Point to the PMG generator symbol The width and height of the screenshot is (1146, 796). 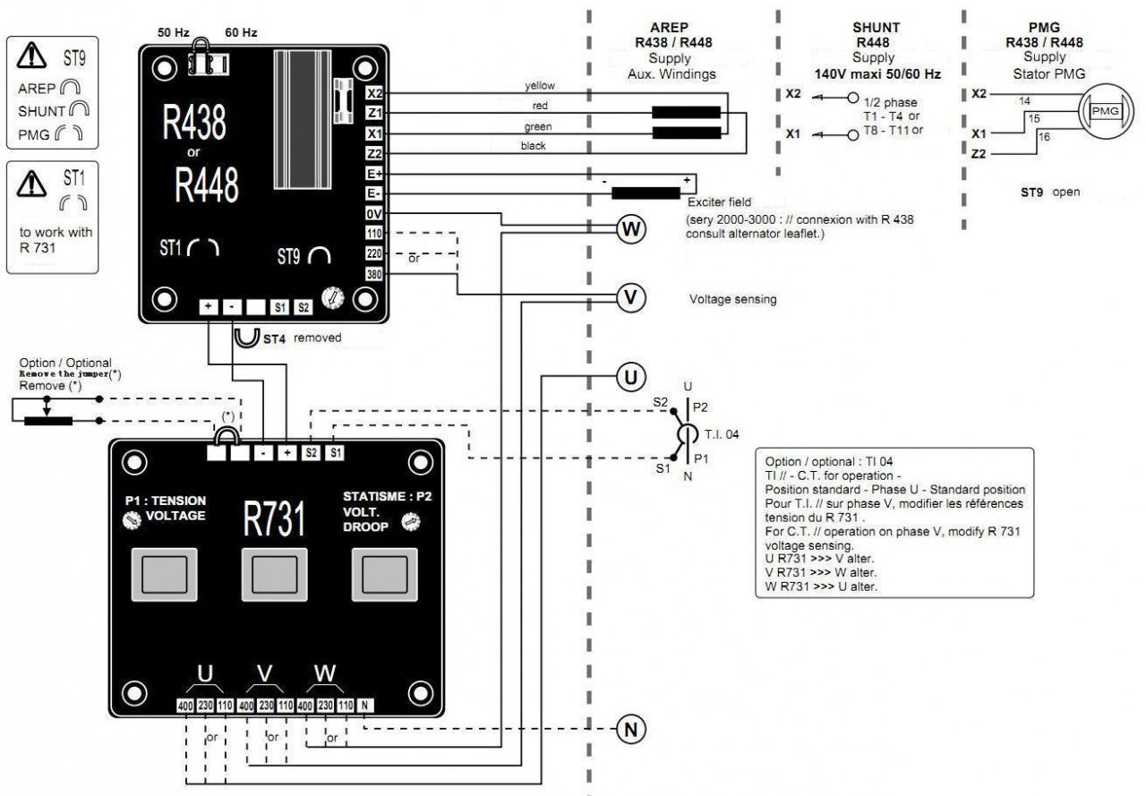[x=1106, y=110]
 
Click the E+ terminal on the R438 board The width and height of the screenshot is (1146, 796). [x=374, y=174]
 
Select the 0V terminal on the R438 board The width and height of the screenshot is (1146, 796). [x=374, y=214]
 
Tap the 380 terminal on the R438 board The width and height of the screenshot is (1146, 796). [x=374, y=274]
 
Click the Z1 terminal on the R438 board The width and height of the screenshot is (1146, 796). [x=374, y=114]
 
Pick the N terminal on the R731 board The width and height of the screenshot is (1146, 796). [x=365, y=705]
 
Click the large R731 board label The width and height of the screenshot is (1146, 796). [x=275, y=519]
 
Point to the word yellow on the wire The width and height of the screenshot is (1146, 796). [x=540, y=86]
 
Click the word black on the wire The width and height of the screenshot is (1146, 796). [x=533, y=145]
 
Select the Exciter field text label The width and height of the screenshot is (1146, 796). [x=720, y=202]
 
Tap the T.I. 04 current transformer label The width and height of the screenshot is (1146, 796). [x=723, y=433]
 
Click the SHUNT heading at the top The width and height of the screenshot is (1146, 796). [x=876, y=28]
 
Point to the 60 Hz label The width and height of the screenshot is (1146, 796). [x=241, y=32]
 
